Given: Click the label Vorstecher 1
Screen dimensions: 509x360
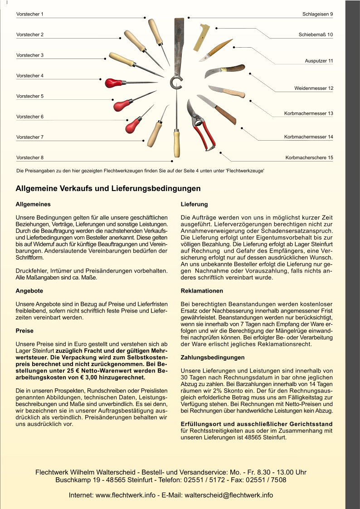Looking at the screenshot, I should pos(30,15).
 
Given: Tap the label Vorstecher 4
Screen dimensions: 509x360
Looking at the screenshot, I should pos(30,76).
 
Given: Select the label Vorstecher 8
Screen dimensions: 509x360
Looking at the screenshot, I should pos(30,158).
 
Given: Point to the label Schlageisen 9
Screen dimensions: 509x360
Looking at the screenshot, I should pos(317,15).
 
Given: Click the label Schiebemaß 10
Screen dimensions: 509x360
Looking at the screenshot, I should pos(316,35).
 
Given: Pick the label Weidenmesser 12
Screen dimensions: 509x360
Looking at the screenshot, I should pos(313,88).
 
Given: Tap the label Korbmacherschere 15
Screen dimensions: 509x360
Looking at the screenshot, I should pos(309,158).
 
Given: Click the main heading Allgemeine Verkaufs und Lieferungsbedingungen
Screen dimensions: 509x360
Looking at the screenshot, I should pos(108,188).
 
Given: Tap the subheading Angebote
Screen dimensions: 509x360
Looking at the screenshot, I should pos(29,291).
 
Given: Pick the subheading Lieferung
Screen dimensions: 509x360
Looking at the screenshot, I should pos(194,205).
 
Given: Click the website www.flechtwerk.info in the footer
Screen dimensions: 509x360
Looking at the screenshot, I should pos(125,495).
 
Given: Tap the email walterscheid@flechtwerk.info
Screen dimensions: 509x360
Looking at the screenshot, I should pos(229,495).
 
